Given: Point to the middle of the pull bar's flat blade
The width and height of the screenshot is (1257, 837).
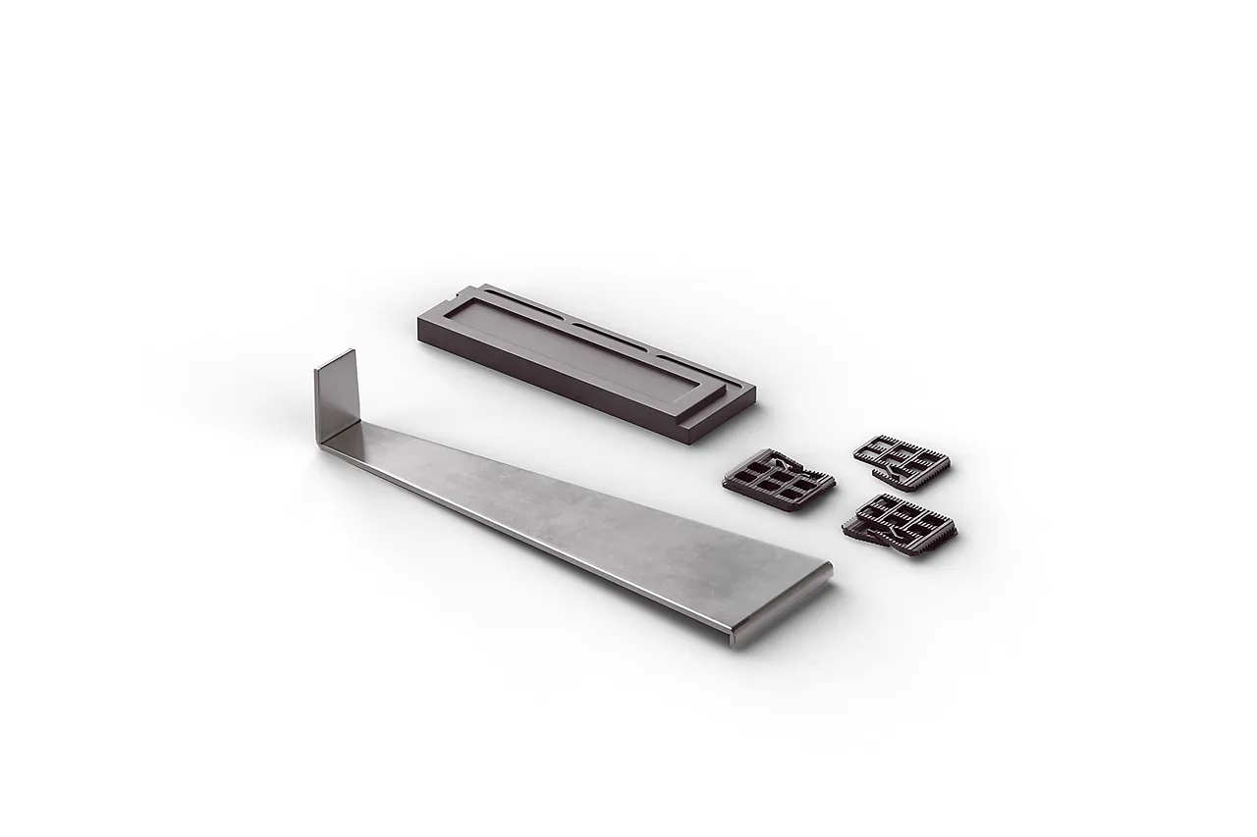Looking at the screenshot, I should coord(579,520).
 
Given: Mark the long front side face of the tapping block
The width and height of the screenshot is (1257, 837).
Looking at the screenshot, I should coord(560,388).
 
